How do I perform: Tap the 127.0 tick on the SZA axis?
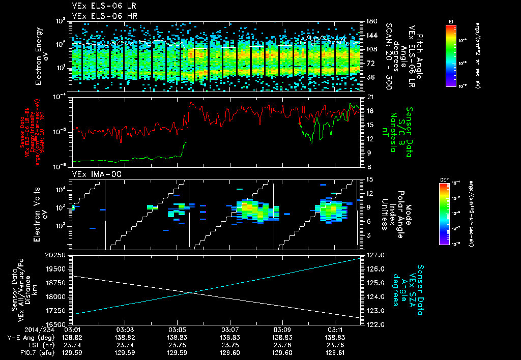coord(374,255)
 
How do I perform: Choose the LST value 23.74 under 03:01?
coord(72,344)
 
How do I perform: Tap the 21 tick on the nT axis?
coord(370,97)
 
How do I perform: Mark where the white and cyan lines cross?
coord(189,292)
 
